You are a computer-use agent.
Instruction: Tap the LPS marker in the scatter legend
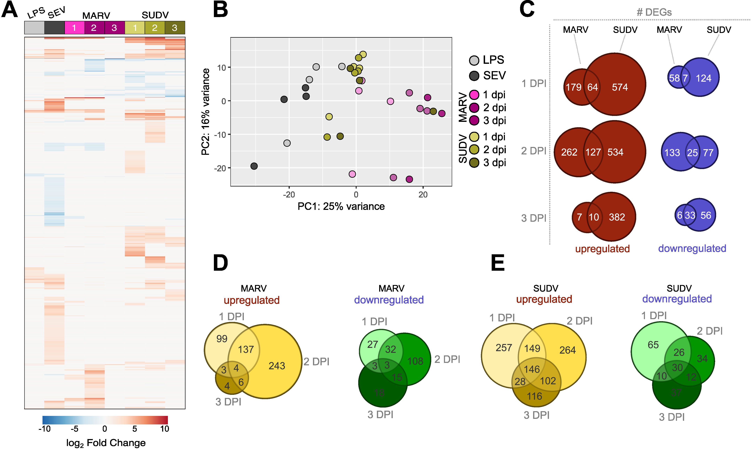(474, 60)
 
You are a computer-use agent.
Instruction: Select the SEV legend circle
(474, 76)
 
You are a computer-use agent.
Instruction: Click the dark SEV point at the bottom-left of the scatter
(254, 166)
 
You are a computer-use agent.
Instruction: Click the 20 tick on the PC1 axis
(423, 195)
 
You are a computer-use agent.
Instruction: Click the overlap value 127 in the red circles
(593, 152)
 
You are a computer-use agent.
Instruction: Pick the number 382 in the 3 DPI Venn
(617, 217)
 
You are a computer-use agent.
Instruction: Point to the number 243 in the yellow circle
(277, 366)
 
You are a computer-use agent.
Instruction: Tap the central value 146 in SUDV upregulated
(532, 369)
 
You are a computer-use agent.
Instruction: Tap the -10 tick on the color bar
(44, 429)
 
